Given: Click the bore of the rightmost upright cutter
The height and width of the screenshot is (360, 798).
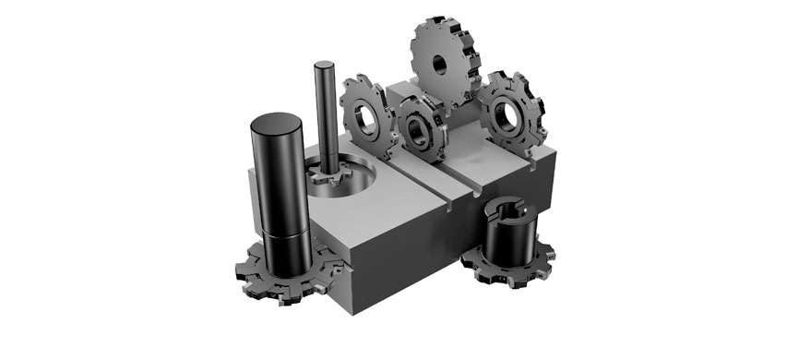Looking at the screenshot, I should pos(507,115).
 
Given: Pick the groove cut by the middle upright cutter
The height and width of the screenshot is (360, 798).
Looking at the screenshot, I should pos(461,180).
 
